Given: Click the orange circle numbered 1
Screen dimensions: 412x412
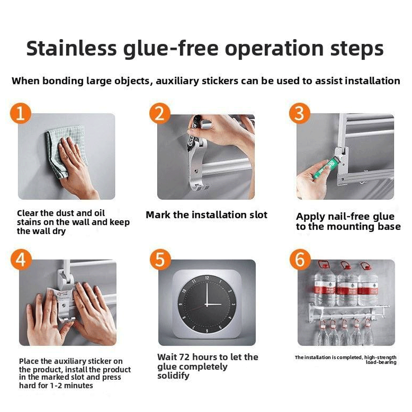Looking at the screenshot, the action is pos(21,114).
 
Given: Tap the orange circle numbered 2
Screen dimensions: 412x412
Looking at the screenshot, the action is pos(160,113).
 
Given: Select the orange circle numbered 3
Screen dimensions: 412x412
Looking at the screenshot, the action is pos(299,113).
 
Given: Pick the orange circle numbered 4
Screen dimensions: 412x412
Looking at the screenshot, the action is pos(21,260).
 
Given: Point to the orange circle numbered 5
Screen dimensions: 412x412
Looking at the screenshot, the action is pos(160,260).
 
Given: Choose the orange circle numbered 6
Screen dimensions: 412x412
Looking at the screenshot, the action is pos(300,260).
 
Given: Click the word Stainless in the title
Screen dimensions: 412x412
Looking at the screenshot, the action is pos(71,49).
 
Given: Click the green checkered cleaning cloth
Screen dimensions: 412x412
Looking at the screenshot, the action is pos(66,150).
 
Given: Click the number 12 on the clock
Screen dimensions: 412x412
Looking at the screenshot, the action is pos(207,278).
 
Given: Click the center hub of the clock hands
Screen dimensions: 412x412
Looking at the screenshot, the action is pos(207,304).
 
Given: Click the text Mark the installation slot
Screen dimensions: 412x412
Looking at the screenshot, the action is pos(206,215).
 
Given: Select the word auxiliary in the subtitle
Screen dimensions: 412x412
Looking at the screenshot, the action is pos(177,81).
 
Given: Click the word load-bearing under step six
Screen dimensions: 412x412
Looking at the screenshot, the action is pos(381,363).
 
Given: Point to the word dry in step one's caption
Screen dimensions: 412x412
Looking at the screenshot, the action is pos(60,231).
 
